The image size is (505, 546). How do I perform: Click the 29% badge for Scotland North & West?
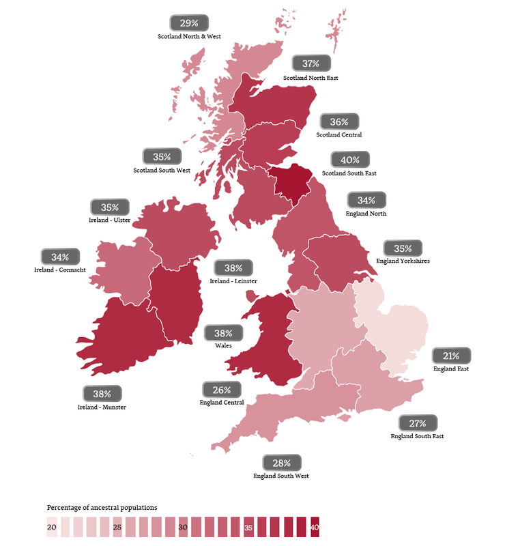(189, 23)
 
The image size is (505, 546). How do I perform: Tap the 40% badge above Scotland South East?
(349, 160)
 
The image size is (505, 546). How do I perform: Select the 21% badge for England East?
(451, 356)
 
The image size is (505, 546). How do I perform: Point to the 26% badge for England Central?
(221, 390)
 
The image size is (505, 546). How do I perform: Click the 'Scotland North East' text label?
(311, 78)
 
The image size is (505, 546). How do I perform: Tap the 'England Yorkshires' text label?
(403, 261)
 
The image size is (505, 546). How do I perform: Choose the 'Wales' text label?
(222, 345)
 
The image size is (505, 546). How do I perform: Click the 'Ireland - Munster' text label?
(102, 407)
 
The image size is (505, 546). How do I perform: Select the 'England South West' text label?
(281, 476)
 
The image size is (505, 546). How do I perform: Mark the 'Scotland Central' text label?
(339, 134)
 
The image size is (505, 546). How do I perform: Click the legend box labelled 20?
(52, 528)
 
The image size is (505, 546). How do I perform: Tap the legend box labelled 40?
(314, 528)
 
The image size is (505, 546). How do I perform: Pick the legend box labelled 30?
(183, 528)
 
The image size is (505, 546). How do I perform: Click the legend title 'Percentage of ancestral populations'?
(102, 508)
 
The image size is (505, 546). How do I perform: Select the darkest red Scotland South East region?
(292, 184)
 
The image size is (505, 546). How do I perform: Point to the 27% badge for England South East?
(418, 422)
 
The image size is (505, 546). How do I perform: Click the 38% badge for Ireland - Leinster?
(233, 268)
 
